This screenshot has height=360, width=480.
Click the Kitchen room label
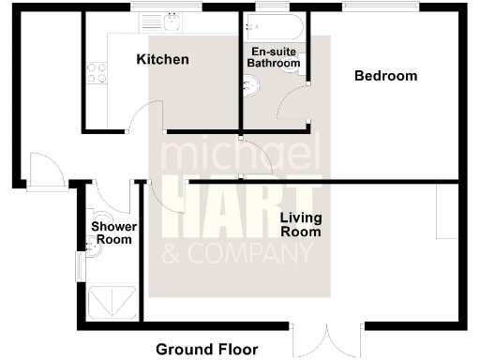point(163,60)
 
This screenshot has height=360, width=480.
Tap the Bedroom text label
point(385,76)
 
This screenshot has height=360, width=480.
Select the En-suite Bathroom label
point(273,56)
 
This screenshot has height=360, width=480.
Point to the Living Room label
point(301,224)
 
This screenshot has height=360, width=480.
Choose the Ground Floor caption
point(206,350)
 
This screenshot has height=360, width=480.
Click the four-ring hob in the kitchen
point(97,72)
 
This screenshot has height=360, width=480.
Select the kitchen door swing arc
point(141,117)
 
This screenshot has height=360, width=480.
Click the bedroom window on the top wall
point(380,8)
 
